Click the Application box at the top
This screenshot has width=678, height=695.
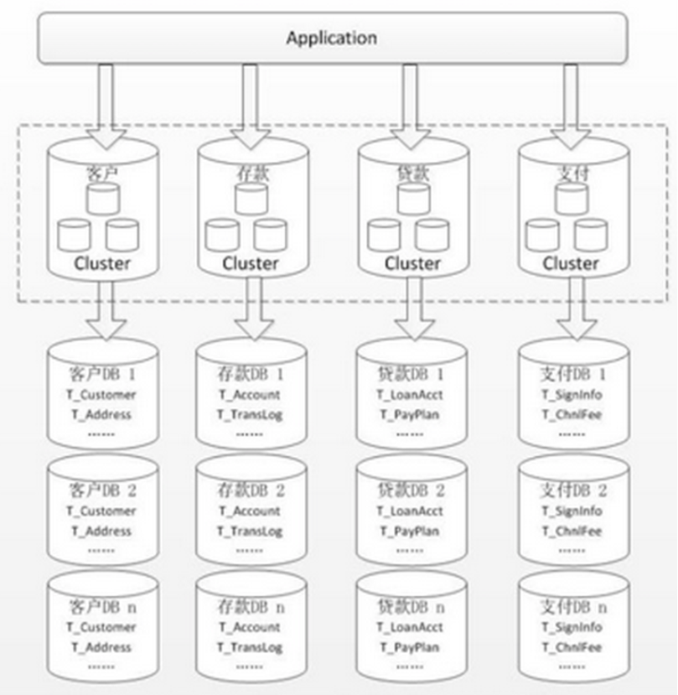click(x=332, y=38)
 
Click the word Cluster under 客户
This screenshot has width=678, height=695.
click(x=101, y=263)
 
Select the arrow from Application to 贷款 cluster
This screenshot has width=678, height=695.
click(x=409, y=101)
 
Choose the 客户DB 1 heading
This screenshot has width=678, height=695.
click(x=101, y=374)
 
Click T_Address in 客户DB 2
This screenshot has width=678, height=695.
click(x=101, y=531)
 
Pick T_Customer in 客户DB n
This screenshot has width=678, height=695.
click(x=101, y=627)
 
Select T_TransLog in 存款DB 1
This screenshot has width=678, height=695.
click(x=250, y=414)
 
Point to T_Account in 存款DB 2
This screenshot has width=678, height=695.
click(x=250, y=511)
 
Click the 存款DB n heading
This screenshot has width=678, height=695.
click(x=250, y=607)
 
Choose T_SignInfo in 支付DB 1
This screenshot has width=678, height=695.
click(x=570, y=394)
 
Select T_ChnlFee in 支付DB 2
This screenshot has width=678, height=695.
click(x=570, y=531)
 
